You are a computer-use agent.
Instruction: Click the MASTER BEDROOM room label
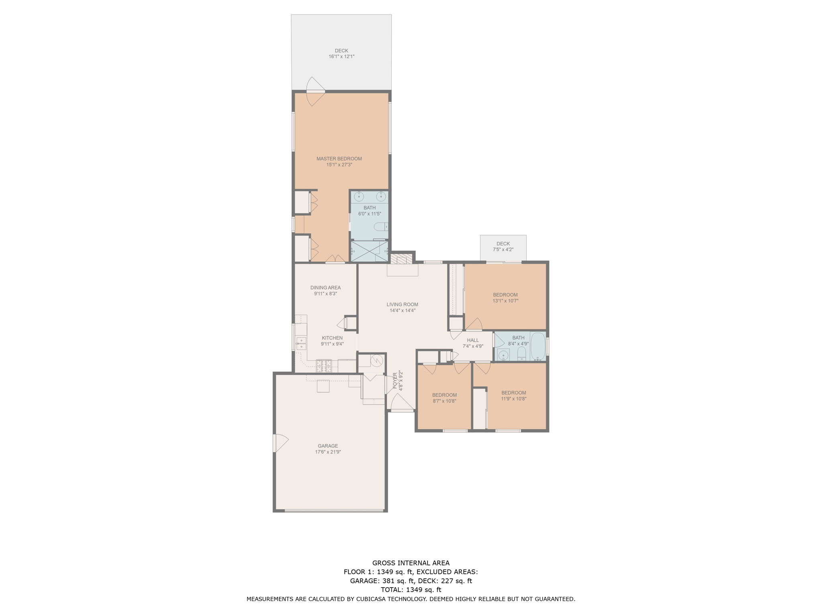339,158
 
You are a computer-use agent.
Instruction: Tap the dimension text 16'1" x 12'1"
342,57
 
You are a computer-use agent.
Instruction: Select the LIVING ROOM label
402,304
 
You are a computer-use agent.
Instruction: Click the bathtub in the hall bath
538,346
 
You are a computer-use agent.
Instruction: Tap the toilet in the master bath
381,227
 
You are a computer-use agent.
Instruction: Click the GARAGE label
328,446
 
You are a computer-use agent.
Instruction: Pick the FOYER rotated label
395,381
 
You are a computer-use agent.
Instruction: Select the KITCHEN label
332,338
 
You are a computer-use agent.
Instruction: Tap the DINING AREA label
326,288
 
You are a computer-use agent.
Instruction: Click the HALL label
473,340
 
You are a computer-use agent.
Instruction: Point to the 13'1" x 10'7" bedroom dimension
506,301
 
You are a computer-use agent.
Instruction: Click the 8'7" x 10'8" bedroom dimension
444,401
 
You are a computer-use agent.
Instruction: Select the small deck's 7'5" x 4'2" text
503,249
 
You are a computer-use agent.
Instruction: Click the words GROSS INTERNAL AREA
411,563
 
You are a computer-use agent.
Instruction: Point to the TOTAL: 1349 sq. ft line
411,590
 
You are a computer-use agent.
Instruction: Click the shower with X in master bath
370,251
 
